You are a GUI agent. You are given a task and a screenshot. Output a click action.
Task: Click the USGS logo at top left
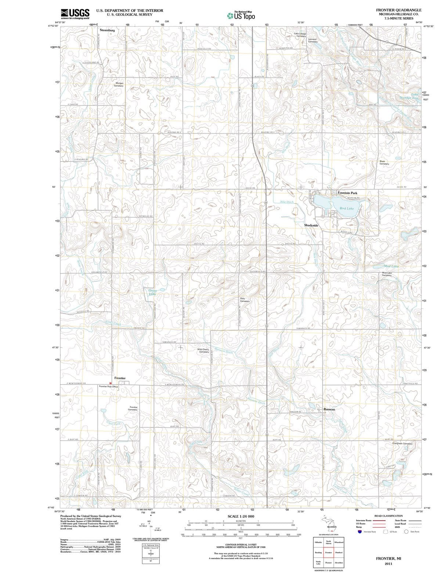tap(75, 14)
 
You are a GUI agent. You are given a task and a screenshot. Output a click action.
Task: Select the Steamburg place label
tap(107, 30)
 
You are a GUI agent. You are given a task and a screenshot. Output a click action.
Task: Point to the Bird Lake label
tap(346, 208)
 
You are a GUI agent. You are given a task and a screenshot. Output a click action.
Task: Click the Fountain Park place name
tap(347, 193)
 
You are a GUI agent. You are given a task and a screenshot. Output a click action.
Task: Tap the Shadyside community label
tap(311, 225)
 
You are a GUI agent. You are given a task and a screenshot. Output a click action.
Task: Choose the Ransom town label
tap(329, 409)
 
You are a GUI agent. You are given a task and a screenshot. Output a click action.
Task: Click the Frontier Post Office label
tap(108, 387)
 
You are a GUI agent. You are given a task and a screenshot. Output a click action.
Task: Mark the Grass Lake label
tap(152, 292)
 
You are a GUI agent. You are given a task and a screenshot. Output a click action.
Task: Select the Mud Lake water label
tap(391, 266)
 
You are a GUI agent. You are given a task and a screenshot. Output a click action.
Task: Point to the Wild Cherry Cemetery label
tap(203, 351)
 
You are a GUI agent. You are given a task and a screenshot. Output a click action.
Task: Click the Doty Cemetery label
tap(245, 300)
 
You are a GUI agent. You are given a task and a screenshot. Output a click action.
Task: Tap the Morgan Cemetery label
tap(119, 84)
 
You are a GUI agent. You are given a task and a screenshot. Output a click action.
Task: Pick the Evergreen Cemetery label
tap(402, 444)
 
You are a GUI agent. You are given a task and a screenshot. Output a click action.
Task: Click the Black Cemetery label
tap(384, 163)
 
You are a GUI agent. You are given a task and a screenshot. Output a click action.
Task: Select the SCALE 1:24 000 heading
tap(241, 516)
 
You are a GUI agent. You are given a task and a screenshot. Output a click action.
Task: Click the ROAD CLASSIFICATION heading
tap(388, 516)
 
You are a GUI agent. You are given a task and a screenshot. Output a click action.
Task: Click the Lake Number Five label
tap(409, 96)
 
